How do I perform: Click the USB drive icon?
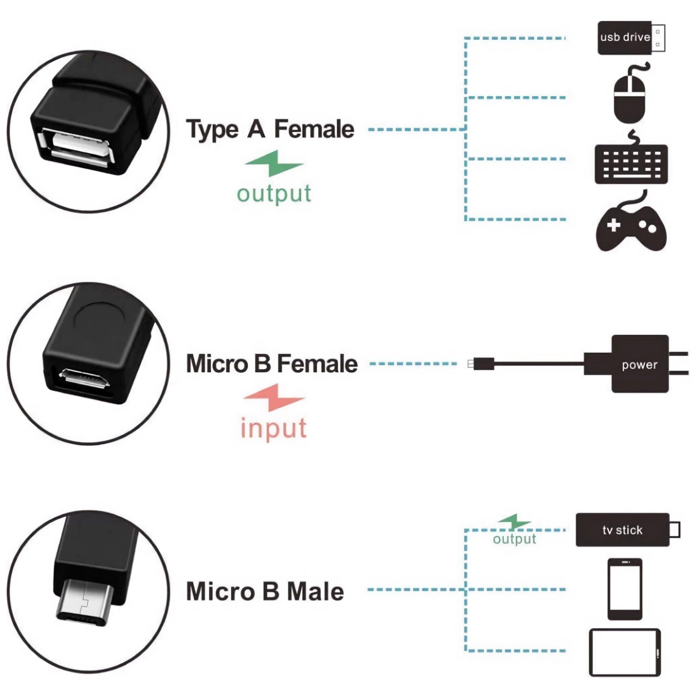tap(630, 38)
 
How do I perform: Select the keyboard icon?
tap(631, 164)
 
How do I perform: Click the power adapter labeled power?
tap(640, 364)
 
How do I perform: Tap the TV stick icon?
tap(623, 529)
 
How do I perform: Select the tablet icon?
tap(625, 652)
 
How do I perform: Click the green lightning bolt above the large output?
tap(274, 163)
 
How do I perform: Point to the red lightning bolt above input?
tap(274, 397)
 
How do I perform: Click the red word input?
tap(273, 429)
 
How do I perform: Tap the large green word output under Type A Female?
tap(274, 194)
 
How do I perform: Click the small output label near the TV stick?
tap(514, 539)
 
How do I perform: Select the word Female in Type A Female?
tap(314, 129)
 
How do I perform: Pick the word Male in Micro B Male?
tap(315, 591)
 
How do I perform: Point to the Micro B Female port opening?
tap(84, 378)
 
